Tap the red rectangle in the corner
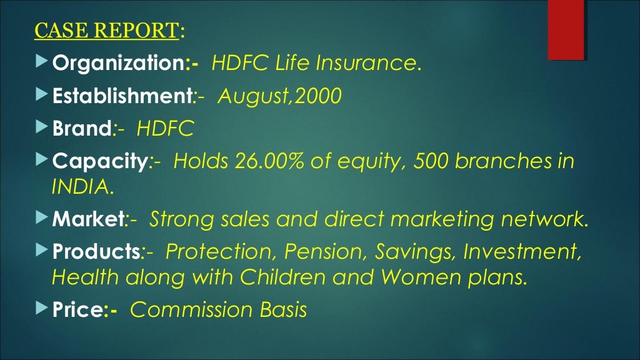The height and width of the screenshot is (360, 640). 566,29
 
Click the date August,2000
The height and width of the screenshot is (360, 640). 279,97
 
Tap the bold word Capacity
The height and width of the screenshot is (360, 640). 99,162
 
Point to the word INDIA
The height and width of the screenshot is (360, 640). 82,186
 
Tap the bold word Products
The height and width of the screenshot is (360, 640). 96,252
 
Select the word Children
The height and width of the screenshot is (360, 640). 282,276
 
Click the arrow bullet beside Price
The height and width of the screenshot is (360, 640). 41,309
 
